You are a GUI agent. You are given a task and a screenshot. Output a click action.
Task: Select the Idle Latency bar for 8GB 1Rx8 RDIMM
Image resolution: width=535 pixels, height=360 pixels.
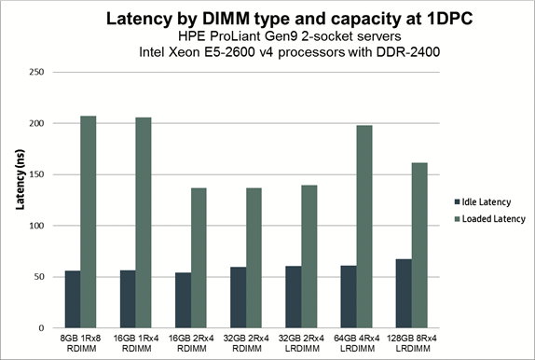coord(72,299)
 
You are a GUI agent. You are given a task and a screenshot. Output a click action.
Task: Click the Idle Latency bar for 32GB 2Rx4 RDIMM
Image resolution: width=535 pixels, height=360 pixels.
coord(239,298)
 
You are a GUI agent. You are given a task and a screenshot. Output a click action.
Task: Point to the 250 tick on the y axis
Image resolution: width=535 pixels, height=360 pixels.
coord(38,72)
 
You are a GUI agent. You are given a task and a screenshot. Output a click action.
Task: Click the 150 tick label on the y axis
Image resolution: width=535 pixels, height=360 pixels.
coord(38,174)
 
